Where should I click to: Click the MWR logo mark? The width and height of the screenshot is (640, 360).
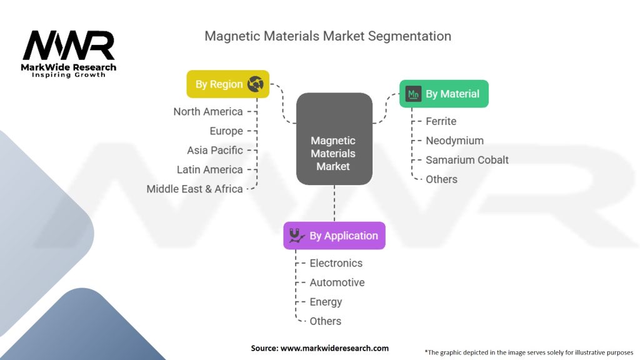coord(69,45)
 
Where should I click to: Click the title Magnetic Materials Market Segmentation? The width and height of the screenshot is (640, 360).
coord(327,36)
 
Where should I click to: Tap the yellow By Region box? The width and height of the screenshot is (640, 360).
coord(227,84)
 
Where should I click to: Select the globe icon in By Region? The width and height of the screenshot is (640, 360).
coord(256,84)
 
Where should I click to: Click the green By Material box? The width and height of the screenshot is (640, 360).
coord(444,94)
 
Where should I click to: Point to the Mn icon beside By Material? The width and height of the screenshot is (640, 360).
coord(413,94)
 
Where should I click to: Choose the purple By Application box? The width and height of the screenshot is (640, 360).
coord(334,236)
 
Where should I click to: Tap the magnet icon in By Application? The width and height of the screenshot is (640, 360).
coord(297,236)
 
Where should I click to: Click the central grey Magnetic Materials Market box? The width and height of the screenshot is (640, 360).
coord(334,139)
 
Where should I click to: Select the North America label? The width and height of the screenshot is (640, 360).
coord(207,111)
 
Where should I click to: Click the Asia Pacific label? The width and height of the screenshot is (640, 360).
coord(215,150)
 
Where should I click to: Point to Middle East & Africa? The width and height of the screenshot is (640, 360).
coord(194,189)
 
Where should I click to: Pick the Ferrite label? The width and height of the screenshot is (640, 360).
coord(441,121)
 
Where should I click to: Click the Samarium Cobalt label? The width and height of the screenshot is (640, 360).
coord(467,160)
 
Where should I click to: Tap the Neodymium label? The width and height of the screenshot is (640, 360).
coord(455,141)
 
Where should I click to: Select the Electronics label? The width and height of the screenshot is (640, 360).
coord(336,263)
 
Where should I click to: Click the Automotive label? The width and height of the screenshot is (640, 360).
coord(337,282)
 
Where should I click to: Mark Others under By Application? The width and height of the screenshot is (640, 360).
coord(325,321)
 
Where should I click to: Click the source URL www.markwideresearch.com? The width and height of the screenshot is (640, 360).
coord(335,348)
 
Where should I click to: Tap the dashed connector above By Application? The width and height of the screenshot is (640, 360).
coord(334,203)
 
